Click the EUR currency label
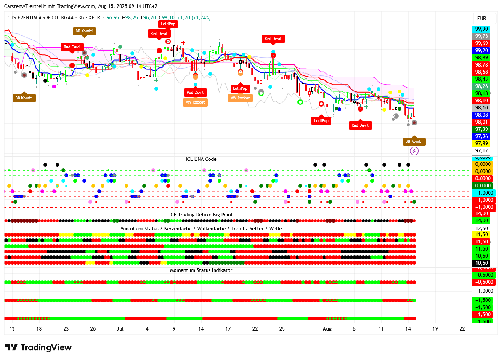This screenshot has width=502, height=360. coord(481,18)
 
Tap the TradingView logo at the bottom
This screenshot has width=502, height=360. coord(38,347)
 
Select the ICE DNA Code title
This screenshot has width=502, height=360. coord(201,159)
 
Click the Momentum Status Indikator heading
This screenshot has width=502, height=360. coord(201,270)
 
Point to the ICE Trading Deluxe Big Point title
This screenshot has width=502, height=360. coord(201,215)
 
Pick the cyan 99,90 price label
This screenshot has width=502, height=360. coord(481,29)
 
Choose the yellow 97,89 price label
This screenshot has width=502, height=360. coord(481,144)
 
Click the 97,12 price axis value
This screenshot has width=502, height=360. coord(481,151)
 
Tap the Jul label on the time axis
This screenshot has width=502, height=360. coord(120,329)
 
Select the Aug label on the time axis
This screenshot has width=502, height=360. coord(327,329)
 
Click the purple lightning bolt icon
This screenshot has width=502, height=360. coord(414,151)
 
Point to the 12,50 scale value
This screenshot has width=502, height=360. coord(481,228)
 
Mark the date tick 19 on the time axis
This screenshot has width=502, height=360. coord(435,329)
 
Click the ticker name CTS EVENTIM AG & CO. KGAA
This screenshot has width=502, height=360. coord(40,18)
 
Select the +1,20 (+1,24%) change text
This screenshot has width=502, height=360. coord(194,18)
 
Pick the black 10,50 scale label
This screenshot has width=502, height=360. coord(481,263)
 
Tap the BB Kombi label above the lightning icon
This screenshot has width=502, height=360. coord(414,141)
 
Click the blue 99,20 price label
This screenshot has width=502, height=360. coord(481,51)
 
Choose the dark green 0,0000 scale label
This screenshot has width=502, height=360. coord(481,186)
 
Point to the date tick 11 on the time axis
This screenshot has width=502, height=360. coord(381,329)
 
